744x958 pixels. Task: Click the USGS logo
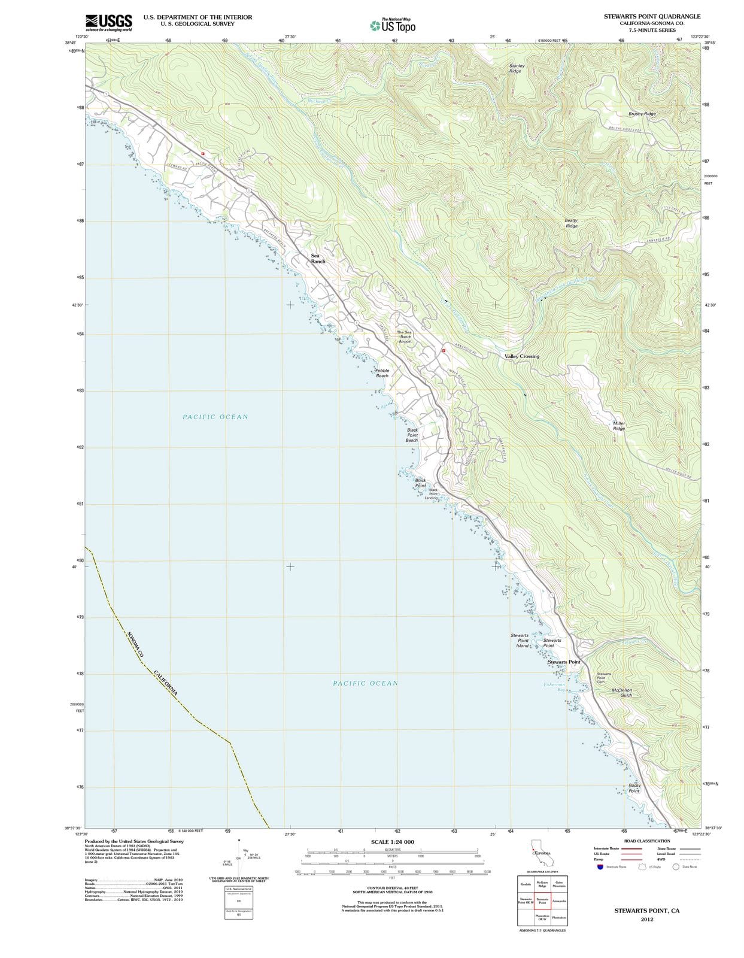108,23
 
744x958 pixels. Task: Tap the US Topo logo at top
392,26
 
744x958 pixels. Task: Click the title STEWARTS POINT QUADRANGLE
652,16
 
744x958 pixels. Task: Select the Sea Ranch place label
317,259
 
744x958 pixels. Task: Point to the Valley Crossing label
521,356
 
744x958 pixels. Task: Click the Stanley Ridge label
516,68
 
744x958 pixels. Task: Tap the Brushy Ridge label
642,114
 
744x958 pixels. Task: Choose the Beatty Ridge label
571,223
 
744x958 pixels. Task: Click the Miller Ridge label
619,426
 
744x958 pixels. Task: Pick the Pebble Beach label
382,373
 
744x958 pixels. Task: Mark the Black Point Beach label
412,435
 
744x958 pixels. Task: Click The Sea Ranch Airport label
405,336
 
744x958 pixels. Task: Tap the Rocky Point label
634,788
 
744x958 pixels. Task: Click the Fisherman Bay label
554,687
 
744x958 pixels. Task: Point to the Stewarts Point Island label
520,641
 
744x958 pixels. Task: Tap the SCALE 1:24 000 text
392,842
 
